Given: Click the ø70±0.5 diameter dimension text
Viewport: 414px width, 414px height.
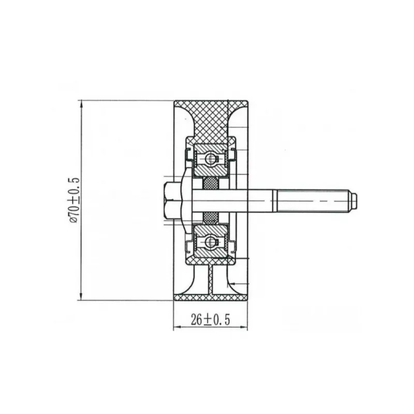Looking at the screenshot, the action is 74,200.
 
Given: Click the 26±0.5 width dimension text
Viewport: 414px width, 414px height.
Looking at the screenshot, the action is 211,319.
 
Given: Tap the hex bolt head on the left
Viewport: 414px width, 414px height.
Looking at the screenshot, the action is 169,201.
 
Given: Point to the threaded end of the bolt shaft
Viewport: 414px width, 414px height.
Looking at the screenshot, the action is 313,201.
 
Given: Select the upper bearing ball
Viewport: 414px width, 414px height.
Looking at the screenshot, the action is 211,159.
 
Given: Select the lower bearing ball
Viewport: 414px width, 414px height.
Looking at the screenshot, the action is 211,241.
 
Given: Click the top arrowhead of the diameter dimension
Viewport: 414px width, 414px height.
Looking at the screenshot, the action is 82,104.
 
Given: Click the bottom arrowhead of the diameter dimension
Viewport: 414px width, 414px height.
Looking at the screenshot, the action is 82,297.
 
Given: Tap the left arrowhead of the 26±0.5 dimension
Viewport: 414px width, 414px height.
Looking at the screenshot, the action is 177,328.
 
